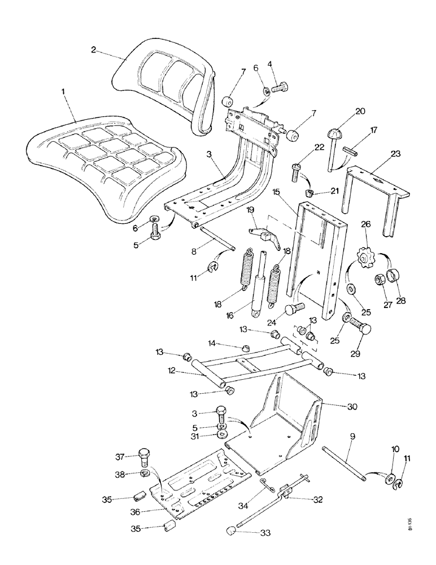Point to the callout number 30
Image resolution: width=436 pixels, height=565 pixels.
(337, 405)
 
